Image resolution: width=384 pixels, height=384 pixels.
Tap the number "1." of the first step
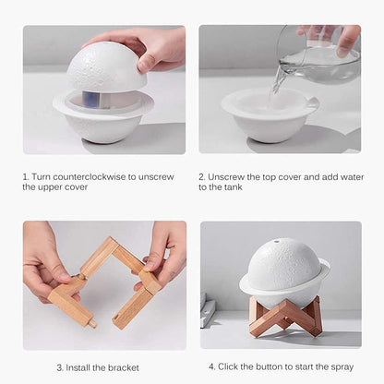coord(26,175)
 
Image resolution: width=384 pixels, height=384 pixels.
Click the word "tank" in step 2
coord(239,186)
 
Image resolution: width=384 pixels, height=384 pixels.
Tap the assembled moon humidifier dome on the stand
coord(284,263)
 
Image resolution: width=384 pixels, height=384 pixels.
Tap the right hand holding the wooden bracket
coord(166,254)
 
